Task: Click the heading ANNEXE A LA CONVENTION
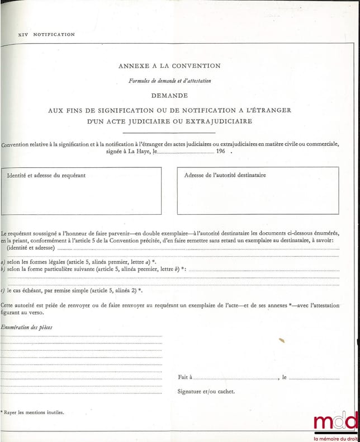click(169, 66)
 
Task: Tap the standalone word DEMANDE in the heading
click(169, 96)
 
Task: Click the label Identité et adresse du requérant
click(46, 175)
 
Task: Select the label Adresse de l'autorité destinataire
click(225, 175)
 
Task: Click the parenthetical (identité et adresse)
click(31, 247)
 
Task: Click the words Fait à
click(185, 377)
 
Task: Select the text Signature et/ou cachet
click(206, 392)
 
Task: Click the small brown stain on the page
click(282, 339)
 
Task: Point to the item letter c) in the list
click(3, 290)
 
